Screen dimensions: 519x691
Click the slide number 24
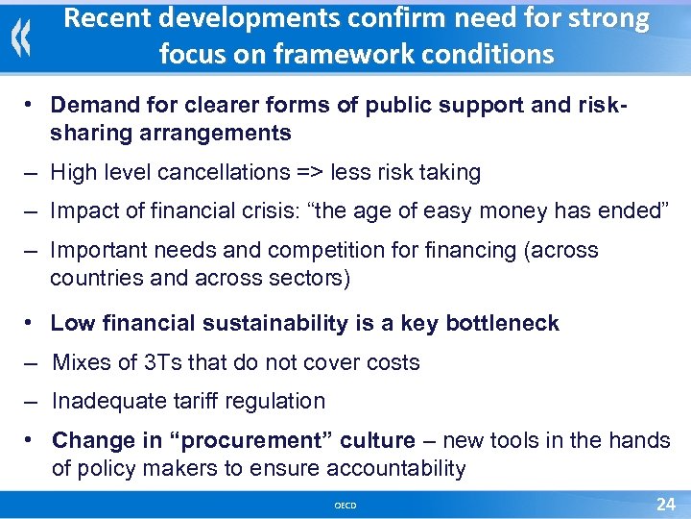[665, 504]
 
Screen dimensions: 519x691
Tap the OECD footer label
[345, 506]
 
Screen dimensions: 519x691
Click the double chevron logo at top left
[21, 37]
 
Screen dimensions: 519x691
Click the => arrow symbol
[308, 173]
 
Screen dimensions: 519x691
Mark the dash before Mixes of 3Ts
[33, 363]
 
